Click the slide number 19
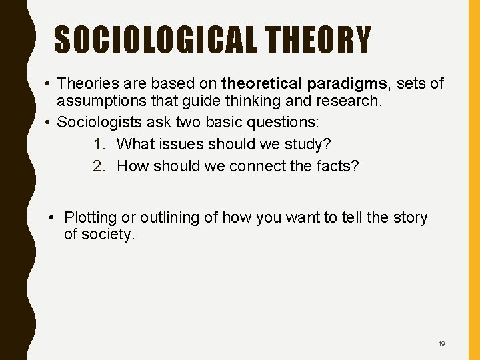441,344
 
